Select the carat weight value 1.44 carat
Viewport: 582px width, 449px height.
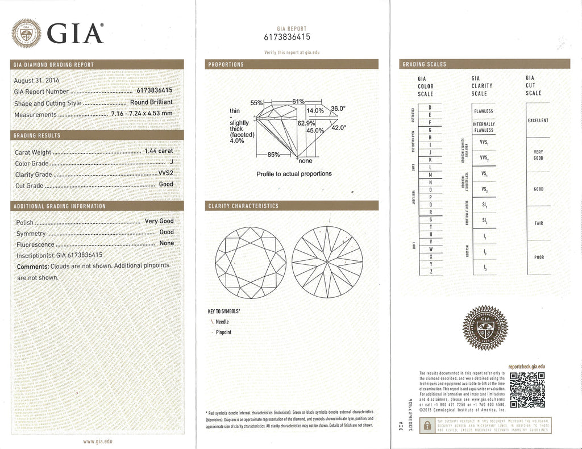(159, 151)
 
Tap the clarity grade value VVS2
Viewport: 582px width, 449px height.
(165, 174)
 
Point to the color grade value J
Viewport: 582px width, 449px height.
(172, 163)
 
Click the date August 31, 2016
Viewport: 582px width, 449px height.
(36, 80)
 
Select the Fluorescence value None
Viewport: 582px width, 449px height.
(167, 243)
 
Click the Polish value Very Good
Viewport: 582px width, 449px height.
(159, 221)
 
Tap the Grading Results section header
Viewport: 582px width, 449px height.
(37, 135)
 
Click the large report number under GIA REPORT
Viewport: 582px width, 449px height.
(287, 37)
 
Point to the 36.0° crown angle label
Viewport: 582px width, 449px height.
(338, 109)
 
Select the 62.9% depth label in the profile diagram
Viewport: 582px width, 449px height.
(306, 122)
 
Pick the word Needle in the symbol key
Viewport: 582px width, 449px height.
(223, 322)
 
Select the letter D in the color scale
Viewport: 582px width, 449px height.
(430, 107)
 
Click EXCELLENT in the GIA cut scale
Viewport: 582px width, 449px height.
(538, 120)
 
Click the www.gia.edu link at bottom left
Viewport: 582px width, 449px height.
(98, 441)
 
